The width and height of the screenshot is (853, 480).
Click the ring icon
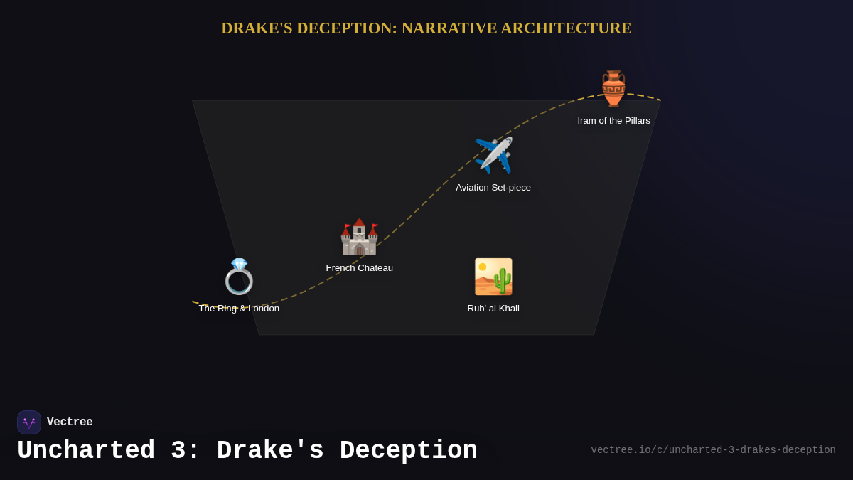point(239,277)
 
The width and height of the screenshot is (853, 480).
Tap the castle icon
point(359,237)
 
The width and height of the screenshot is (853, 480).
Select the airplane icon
point(493,155)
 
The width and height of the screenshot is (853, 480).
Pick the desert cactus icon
point(493,277)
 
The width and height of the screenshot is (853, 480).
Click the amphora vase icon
point(613,89)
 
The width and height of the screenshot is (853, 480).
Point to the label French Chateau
point(359,268)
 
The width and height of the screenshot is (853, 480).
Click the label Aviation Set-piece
point(493,188)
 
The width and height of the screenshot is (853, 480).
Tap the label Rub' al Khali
point(493,309)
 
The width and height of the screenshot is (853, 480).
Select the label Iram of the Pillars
point(613,121)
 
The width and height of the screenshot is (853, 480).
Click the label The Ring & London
point(239,309)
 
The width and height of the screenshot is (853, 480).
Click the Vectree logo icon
point(29,422)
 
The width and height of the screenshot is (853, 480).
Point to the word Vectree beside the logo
point(70,422)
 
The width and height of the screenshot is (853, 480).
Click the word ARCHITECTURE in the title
point(566,28)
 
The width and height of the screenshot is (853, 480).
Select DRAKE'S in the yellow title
point(257,28)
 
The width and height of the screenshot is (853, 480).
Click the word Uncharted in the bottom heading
point(86,451)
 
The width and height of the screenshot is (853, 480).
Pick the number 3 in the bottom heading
point(178,451)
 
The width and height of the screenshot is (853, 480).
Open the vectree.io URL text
point(713,450)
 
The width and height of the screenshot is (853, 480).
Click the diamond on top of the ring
point(240,264)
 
